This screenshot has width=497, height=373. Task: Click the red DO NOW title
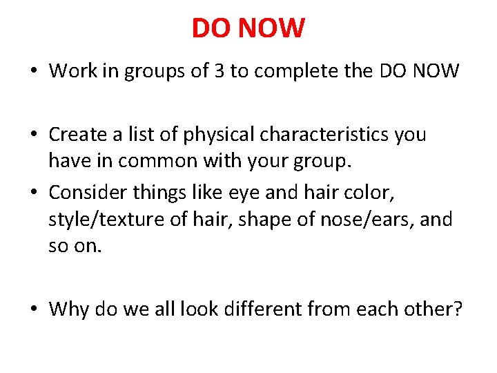(248, 28)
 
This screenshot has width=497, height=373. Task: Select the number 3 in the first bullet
(219, 70)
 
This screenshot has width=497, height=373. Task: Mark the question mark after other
(456, 308)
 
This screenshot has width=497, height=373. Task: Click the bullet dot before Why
(34, 309)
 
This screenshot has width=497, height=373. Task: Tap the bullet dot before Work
(34, 71)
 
